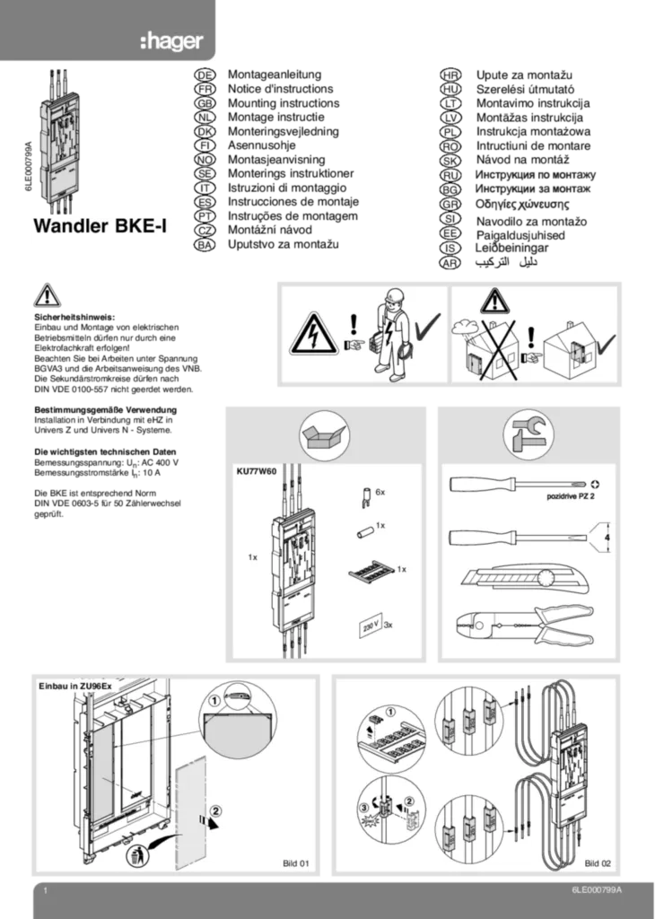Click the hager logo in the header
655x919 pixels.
tap(171, 41)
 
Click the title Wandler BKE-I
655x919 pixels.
tap(100, 225)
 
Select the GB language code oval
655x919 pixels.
tap(205, 103)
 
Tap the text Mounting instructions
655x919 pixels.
tap(284, 103)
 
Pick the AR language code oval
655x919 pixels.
tap(450, 263)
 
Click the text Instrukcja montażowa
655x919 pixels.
tap(533, 131)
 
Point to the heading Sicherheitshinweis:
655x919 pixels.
tap(74, 317)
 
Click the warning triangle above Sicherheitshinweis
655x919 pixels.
tap(48, 296)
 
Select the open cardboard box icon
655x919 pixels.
tap(325, 435)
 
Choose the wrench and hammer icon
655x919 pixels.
tap(528, 434)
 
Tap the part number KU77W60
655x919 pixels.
tap(256, 470)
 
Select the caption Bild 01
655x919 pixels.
tap(296, 863)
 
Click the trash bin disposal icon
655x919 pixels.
tap(137, 856)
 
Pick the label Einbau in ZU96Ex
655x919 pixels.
tap(74, 686)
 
